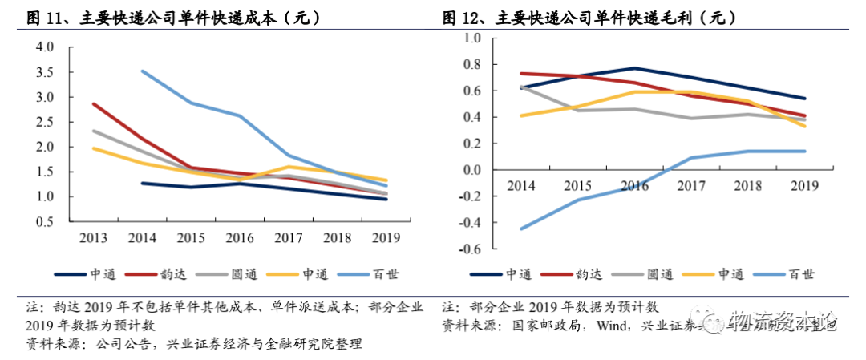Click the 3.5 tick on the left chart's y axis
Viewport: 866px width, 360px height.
click(45, 72)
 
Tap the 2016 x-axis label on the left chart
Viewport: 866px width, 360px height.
click(240, 237)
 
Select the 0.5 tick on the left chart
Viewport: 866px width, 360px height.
click(45, 221)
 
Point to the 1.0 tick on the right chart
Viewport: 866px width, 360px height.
click(471, 38)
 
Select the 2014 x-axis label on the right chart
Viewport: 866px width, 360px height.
click(523, 186)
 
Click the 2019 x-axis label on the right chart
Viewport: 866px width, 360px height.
click(803, 186)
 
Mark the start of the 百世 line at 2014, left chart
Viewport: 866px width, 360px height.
click(141, 71)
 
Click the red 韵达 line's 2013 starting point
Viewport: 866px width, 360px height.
click(92, 103)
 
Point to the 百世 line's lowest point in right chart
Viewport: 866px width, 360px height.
click(521, 229)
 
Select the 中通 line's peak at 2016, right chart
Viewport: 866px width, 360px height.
click(634, 68)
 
